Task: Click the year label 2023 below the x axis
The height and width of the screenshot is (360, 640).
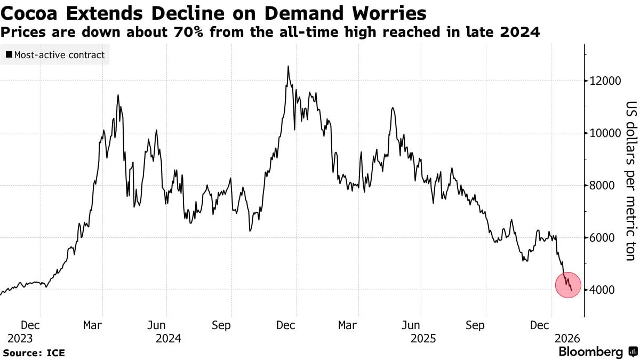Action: point(20,339)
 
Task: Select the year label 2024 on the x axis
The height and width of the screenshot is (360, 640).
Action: point(169,339)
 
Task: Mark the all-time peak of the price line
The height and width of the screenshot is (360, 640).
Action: point(288,67)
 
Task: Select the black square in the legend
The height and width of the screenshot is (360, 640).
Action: point(9,55)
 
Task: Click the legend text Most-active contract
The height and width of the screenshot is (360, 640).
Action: point(59,55)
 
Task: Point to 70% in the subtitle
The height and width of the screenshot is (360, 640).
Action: point(184,33)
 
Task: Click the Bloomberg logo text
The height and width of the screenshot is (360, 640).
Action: point(591,352)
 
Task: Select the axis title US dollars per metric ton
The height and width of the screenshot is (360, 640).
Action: point(630,181)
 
